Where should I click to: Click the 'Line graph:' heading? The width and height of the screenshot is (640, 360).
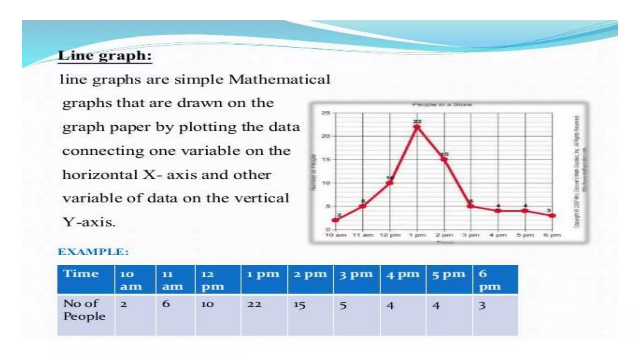[105, 56]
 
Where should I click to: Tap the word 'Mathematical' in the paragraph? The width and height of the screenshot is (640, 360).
[279, 79]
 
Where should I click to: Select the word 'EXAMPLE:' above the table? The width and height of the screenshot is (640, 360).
[93, 252]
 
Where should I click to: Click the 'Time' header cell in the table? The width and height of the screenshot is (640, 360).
[81, 274]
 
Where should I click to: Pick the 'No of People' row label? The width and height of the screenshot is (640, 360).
[84, 310]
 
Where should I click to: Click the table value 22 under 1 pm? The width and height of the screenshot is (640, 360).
[254, 304]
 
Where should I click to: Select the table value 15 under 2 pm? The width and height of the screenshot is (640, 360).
[299, 305]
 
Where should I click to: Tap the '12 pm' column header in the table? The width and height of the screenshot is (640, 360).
[213, 280]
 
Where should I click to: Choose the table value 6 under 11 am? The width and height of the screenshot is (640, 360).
[166, 303]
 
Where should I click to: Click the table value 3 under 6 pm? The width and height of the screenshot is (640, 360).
[482, 305]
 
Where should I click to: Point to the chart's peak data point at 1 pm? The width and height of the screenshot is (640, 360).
[417, 127]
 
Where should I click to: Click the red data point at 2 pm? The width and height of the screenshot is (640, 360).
[444, 160]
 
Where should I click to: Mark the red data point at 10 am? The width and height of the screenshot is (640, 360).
[336, 220]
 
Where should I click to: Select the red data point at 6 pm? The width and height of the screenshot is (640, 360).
[552, 216]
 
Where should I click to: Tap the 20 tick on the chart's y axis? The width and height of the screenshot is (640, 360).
[326, 136]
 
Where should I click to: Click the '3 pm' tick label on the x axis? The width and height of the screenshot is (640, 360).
[471, 235]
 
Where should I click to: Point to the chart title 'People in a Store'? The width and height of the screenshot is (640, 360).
[442, 104]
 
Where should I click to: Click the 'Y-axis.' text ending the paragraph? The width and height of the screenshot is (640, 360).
[89, 222]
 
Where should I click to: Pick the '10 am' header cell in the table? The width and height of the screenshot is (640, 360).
[131, 280]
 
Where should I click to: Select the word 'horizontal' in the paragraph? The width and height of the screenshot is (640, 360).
[100, 175]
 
